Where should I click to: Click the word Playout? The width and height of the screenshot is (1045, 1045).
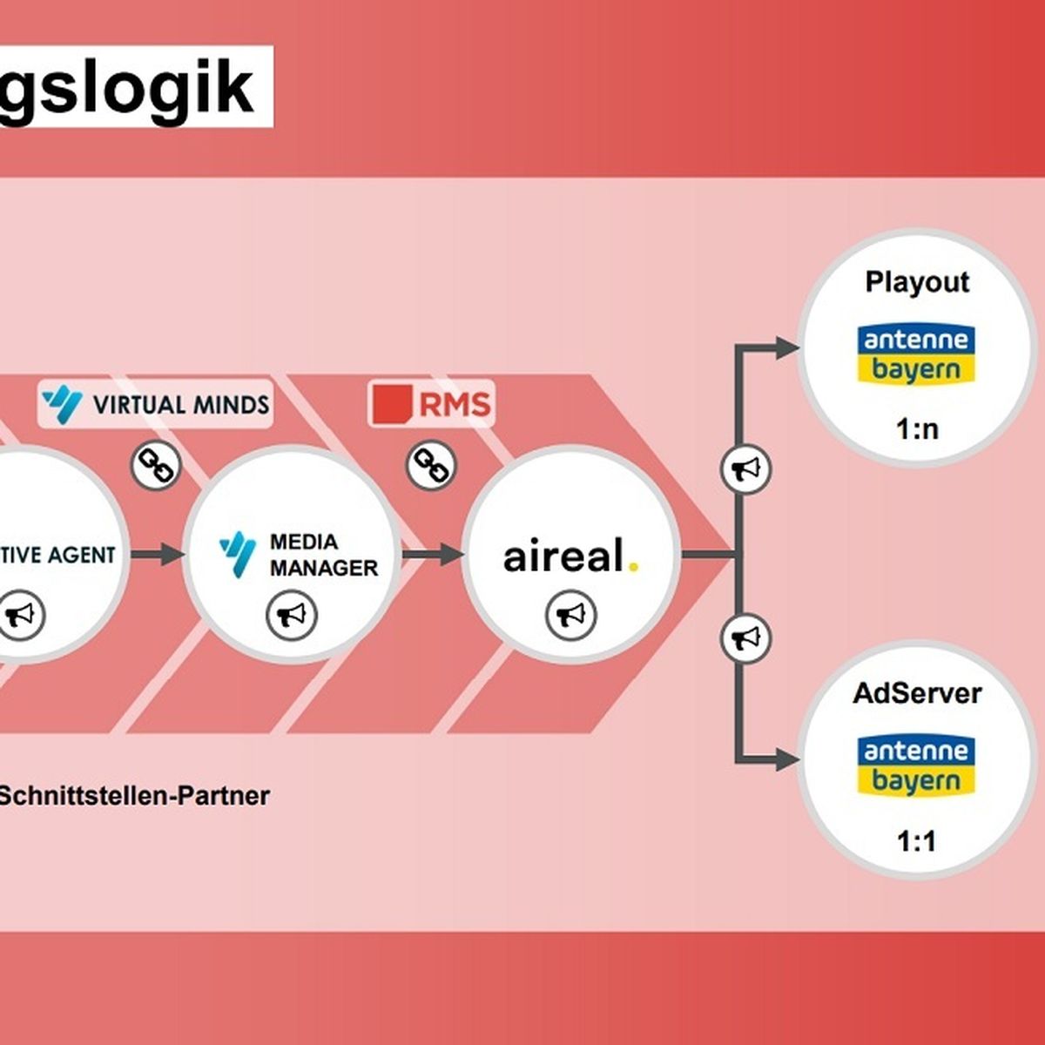pos(917,282)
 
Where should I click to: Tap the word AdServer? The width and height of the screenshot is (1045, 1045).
pos(917,693)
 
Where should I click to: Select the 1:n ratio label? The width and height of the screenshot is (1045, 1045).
pos(917,429)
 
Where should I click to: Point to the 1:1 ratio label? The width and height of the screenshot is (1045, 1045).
pos(916,841)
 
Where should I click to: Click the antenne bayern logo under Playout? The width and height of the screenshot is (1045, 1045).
pos(916,354)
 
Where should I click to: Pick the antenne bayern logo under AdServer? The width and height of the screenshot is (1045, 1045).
pos(916,765)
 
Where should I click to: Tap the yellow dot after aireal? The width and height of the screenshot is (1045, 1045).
pos(633,567)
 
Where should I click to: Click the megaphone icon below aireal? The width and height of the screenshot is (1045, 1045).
pos(571,616)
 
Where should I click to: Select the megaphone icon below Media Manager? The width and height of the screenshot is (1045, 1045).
pos(292,616)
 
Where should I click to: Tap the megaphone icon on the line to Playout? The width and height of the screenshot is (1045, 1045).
pos(745,469)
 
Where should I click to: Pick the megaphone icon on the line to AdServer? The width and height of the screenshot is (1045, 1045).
pos(745,638)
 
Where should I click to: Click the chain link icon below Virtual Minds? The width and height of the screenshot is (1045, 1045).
pos(156,466)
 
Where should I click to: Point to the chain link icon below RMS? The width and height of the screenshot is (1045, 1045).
pos(432,466)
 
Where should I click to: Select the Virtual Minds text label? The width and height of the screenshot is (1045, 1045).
pos(181,405)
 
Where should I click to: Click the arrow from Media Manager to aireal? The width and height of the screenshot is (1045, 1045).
pos(433,554)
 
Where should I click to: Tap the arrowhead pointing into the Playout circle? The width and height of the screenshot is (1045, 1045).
pos(787,347)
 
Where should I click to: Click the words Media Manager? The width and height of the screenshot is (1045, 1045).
pos(324,555)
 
